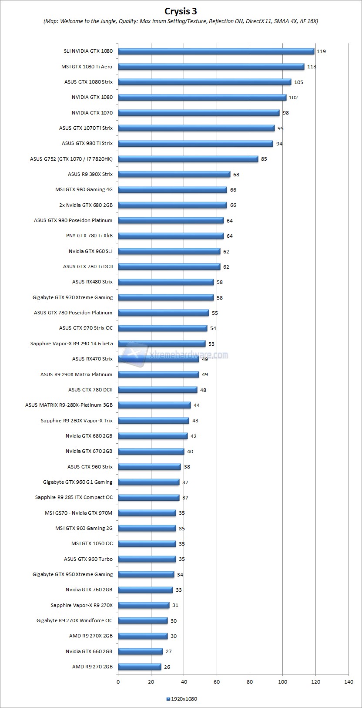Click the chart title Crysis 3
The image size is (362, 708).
(181, 10)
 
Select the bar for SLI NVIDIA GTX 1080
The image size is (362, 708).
(216, 51)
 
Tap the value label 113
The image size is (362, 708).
(311, 67)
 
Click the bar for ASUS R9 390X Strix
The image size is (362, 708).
(174, 174)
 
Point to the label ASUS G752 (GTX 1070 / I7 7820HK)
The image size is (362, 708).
(71, 159)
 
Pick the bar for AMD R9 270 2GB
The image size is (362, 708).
(139, 667)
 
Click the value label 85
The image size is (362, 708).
(264, 159)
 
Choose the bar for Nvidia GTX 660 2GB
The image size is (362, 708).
(140, 651)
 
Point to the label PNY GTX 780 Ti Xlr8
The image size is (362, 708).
(89, 236)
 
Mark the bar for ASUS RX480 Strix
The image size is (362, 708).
(166, 282)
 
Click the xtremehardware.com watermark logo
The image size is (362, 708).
(174, 354)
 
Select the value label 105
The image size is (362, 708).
(298, 82)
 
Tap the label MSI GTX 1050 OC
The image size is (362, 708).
(92, 543)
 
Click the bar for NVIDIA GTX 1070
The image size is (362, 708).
(198, 113)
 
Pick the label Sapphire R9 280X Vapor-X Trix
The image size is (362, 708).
(77, 421)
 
